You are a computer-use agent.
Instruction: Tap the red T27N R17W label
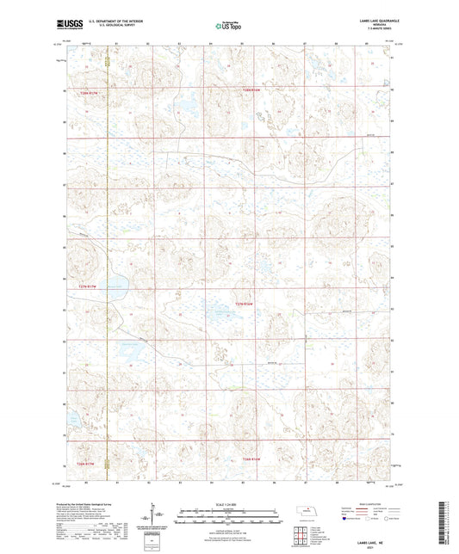tap(89, 286)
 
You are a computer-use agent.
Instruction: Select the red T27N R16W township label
tap(246, 303)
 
